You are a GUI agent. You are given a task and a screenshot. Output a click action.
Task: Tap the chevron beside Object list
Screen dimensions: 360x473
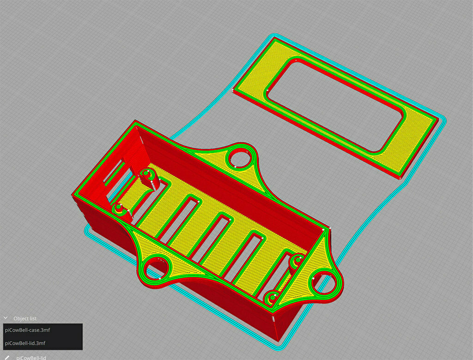[x=6, y=318]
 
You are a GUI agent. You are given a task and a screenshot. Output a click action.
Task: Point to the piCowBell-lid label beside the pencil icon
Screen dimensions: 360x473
[x=31, y=357]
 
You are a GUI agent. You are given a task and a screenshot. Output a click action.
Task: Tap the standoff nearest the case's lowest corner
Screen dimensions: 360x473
[x=272, y=295]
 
